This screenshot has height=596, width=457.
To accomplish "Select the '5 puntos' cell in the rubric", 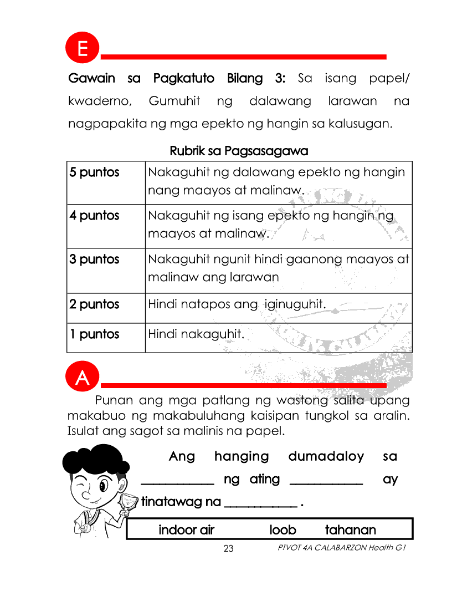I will pos(95,172).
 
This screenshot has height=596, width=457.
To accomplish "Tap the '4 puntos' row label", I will pos(95,215).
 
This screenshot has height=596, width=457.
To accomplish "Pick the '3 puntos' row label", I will pos(95,259).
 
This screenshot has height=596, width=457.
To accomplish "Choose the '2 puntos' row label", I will pos(95,304).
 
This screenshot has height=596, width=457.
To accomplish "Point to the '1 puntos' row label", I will pos(95,334).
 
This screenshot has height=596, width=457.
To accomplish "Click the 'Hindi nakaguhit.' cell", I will pos(196,334).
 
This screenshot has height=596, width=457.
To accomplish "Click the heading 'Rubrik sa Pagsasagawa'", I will pos(239,150).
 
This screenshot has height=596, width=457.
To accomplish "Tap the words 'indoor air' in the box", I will pos(186,530).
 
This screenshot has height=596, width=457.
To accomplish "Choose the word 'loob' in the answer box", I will pos(283,530).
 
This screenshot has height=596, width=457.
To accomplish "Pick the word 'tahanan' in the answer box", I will pos(350,530).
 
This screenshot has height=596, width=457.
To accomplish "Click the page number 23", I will pos(228,549).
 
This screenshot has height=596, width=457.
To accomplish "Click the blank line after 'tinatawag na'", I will pos(259,505).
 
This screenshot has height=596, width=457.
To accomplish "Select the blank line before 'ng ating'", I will pos(177,482).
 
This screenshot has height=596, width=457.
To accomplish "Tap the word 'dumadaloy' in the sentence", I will pos(326,456).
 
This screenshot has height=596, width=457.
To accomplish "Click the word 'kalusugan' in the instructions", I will pos(362,123).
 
